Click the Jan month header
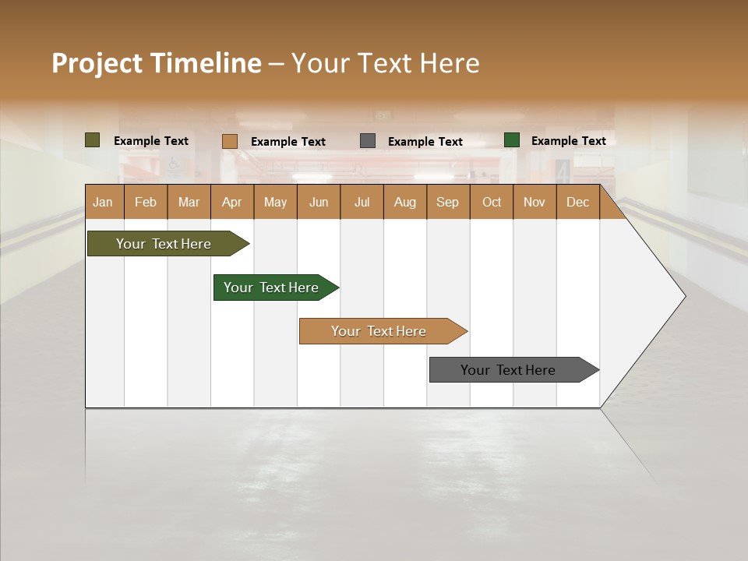tap(103, 202)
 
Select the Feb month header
tap(146, 202)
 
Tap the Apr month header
tap(231, 202)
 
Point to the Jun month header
tap(319, 202)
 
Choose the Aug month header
tap(404, 202)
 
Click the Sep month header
tap(447, 202)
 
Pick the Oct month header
tap(492, 202)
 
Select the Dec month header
tap(577, 202)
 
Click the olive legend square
tap(93, 140)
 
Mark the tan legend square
tap(230, 141)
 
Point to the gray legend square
tap(368, 141)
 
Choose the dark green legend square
tap(512, 140)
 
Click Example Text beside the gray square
tap(425, 142)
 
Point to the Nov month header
tap(535, 202)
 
